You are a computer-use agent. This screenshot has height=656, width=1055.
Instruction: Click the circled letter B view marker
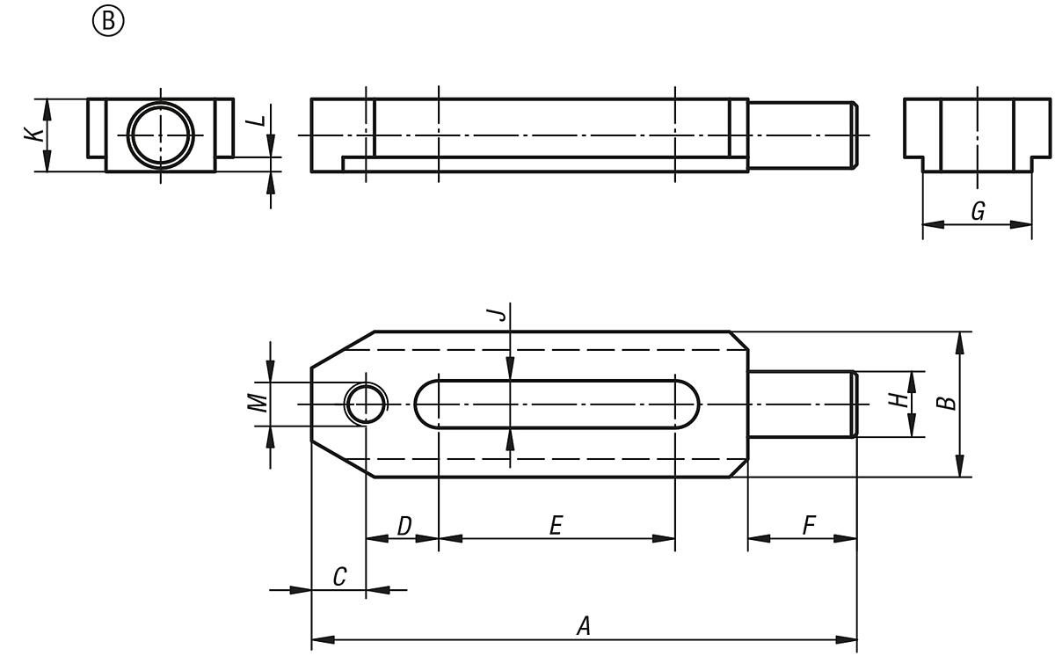coord(108,22)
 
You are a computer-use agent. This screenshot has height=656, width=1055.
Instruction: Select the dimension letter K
coord(33,135)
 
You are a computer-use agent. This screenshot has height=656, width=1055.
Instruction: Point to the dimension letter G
coord(977,211)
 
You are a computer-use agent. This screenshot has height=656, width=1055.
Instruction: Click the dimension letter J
coord(499,314)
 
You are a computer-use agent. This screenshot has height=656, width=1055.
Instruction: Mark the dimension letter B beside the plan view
coord(945,402)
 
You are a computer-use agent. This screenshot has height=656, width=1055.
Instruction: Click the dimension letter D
coord(404,526)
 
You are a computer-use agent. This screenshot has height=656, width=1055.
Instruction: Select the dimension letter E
coord(556,526)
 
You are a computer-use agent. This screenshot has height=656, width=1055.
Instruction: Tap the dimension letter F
coord(808,526)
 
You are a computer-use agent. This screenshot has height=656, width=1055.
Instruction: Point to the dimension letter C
coord(339,577)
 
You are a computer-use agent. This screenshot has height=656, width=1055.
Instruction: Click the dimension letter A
coord(582,626)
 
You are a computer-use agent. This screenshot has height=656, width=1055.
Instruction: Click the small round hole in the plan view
coord(365,404)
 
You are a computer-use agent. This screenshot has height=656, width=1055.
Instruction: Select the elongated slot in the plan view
coord(557,404)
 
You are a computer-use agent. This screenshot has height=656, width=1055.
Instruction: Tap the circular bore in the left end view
coord(161,135)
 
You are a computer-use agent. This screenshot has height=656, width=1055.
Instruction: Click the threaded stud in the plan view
coord(801,404)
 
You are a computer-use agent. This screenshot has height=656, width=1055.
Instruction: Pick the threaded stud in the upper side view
coord(801,135)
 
